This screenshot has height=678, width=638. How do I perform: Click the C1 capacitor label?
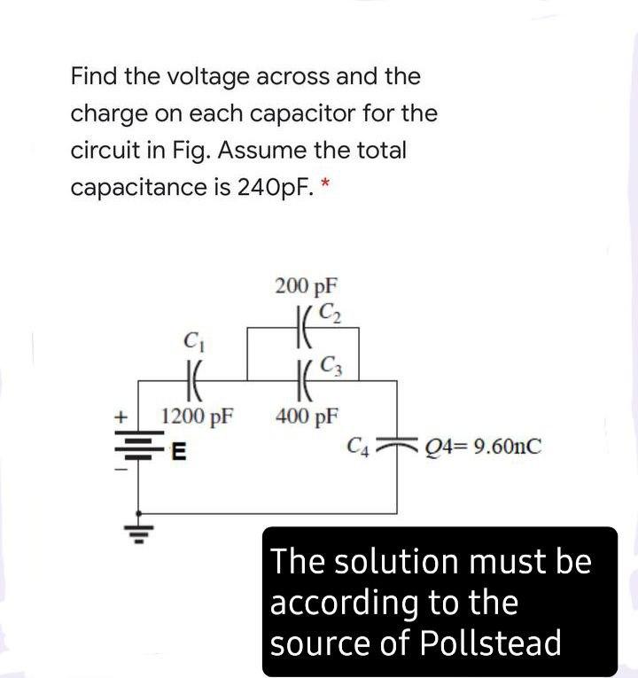tap(190, 338)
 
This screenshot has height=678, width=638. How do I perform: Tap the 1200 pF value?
tap(198, 414)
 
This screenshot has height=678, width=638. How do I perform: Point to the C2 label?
tap(328, 311)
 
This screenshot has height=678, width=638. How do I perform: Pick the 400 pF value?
tap(307, 414)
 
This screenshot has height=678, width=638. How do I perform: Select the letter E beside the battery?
tap(177, 453)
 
